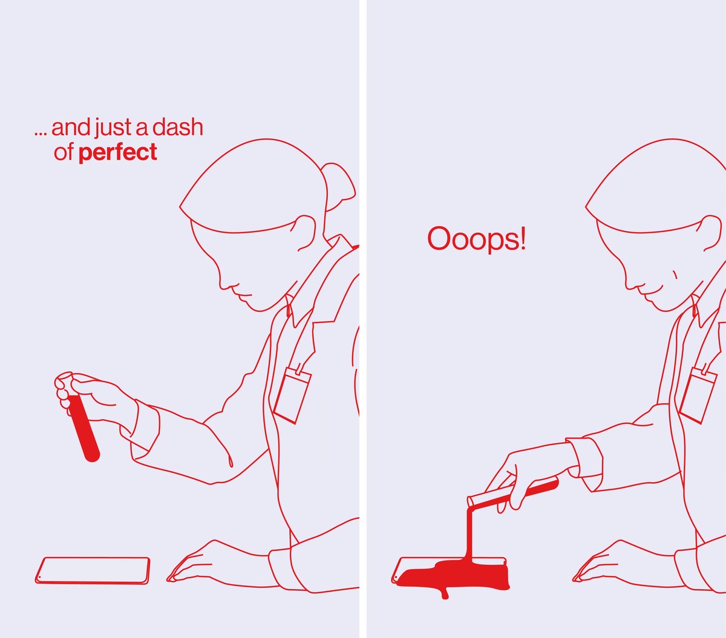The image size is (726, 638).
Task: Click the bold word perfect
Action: point(117,153)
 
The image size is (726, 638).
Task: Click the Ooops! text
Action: point(477,239)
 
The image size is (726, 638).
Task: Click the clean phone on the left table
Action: point(93,571)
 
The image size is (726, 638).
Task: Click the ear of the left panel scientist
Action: point(304,233)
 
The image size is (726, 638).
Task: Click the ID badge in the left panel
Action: point(292,396)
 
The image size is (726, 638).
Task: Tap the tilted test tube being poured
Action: point(513,493)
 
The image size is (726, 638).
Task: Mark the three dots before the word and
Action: point(41,134)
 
